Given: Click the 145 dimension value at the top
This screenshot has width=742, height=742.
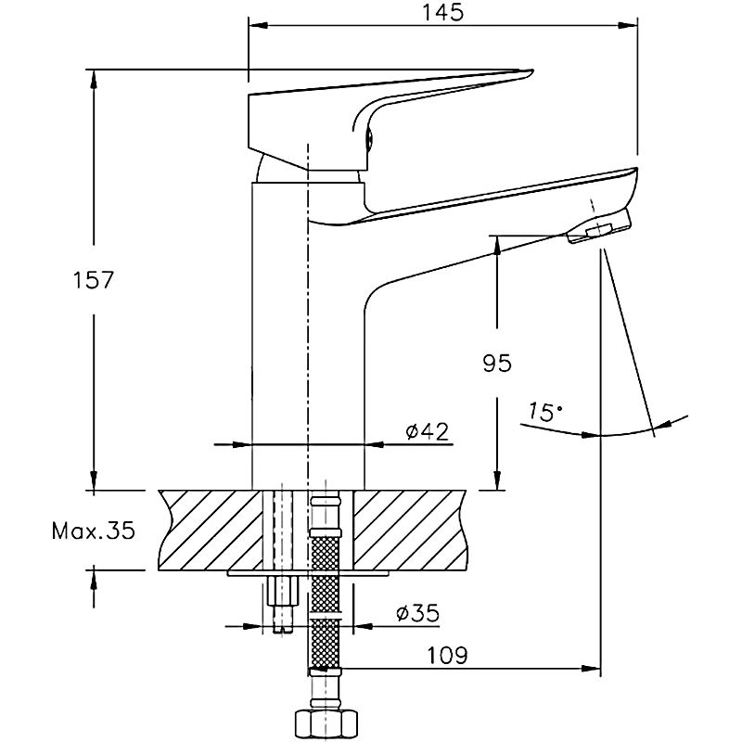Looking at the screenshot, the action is click(x=443, y=12).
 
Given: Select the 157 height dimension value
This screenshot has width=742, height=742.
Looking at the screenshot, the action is click(x=94, y=280).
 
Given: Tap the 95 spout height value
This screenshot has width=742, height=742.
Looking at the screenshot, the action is click(x=497, y=363).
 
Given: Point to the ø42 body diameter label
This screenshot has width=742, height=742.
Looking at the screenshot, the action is click(x=427, y=431).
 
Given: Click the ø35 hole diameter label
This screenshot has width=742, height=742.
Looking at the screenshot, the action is click(x=418, y=613).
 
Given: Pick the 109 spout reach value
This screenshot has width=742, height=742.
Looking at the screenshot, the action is click(x=447, y=656).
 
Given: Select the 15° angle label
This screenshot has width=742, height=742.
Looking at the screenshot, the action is click(x=544, y=412).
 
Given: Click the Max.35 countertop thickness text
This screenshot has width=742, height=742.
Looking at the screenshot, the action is click(x=94, y=531).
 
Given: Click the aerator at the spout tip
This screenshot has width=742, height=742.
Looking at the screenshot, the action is click(x=599, y=227).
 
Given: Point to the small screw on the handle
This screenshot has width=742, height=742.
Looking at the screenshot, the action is click(x=369, y=139).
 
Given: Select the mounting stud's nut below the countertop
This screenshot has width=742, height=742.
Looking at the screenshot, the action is click(x=283, y=590).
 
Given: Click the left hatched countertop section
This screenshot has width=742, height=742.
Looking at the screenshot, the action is click(x=211, y=530).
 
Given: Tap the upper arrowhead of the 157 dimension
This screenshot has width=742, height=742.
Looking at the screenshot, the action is click(x=94, y=79).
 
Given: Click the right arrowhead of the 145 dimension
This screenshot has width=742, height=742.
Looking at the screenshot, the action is click(x=628, y=25).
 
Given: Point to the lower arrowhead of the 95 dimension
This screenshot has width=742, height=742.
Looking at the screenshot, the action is click(x=497, y=480).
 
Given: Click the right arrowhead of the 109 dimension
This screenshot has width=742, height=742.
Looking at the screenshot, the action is click(x=591, y=669).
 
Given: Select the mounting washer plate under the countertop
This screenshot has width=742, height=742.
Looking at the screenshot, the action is click(x=308, y=573).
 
